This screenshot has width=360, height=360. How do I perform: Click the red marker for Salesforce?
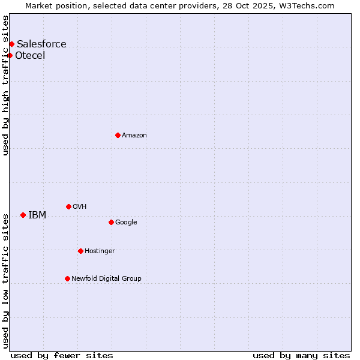click(11, 44)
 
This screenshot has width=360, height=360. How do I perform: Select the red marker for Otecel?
click(10, 55)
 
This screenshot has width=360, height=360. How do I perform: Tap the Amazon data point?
click(118, 135)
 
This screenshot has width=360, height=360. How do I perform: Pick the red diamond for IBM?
click(23, 215)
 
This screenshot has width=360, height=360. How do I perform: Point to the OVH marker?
click(68, 206)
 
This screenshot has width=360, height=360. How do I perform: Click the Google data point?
click(111, 222)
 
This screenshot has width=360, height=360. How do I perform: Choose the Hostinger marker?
click(80, 251)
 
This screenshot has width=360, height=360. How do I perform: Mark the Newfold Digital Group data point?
click(67, 278)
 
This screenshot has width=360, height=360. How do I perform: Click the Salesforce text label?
click(41, 44)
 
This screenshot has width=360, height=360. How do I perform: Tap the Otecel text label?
click(30, 56)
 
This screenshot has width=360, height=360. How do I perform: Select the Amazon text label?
click(134, 136)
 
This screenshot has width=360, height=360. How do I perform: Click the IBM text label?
click(37, 215)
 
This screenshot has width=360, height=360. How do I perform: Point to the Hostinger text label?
click(100, 251)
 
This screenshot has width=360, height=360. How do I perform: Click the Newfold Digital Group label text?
click(106, 278)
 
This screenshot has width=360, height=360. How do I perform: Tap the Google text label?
click(126, 223)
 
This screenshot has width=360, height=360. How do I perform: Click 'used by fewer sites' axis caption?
click(62, 355)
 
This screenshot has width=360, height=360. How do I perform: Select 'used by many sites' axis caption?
click(301, 355)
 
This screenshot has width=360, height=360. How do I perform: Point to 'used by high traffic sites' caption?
click(6, 85)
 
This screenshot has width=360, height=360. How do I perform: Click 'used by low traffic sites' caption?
click(6, 281)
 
